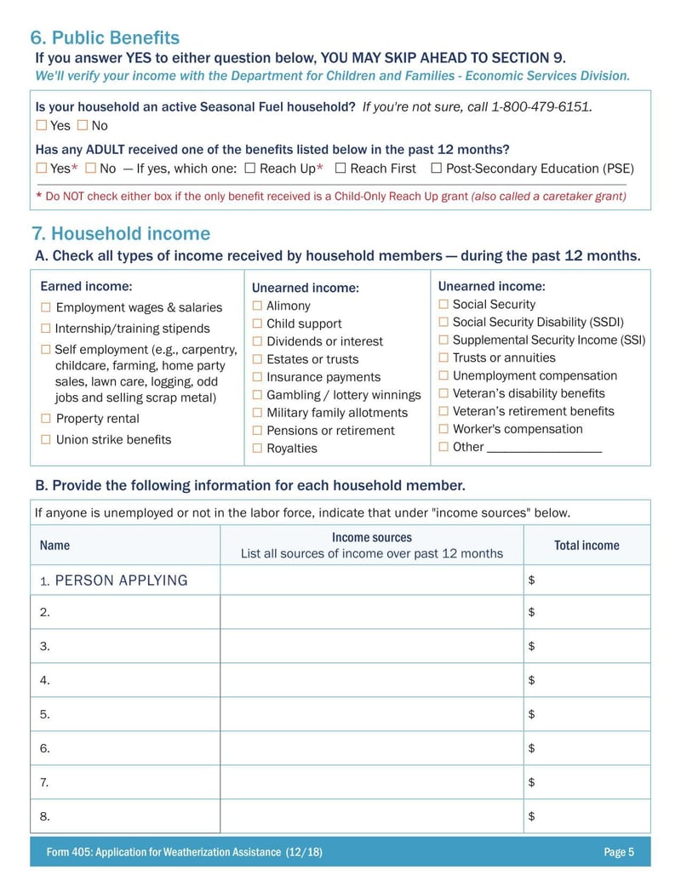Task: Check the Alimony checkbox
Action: [257, 306]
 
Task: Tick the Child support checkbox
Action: [257, 323]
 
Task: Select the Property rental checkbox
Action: [46, 418]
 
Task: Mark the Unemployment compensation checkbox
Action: [444, 375]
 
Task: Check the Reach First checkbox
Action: [340, 168]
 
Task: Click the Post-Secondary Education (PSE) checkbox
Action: [437, 168]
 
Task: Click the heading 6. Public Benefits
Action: [105, 38]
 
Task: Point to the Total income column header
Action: [587, 546]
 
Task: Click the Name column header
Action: [55, 546]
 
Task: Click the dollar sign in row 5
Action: [531, 714]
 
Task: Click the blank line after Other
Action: [544, 448]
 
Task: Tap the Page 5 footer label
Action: [619, 852]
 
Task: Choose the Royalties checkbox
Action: [257, 448]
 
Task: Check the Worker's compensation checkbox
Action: [444, 429]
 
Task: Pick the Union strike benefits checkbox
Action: [46, 439]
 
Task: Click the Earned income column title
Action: [86, 287]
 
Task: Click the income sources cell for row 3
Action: [371, 646]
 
